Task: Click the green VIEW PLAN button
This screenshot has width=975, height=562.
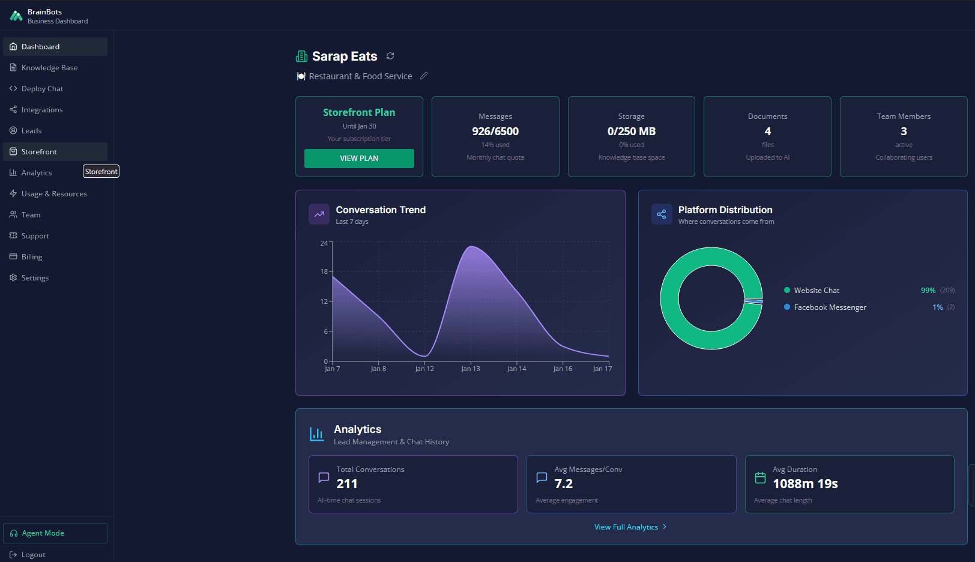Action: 359,159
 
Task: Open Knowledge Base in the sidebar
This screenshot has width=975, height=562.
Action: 49,68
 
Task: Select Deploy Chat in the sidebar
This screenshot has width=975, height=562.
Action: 42,89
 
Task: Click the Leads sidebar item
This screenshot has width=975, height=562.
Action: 31,131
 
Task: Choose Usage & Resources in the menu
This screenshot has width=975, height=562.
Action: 54,194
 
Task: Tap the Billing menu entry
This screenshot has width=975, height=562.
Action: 32,257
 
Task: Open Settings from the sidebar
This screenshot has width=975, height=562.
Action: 35,278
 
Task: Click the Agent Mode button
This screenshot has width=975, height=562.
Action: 55,533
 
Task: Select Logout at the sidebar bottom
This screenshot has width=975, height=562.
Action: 33,555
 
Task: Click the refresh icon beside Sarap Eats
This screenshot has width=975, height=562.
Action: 390,56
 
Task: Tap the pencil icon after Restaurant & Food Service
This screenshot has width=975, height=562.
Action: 424,76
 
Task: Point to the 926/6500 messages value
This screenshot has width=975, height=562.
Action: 495,131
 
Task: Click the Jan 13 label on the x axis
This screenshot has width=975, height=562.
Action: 471,369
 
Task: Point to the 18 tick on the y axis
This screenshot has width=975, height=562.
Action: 324,271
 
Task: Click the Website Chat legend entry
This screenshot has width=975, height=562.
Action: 817,291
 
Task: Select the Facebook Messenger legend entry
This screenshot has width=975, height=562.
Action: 830,307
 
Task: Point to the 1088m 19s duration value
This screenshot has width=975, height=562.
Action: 805,484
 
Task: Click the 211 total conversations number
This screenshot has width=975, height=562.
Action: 347,484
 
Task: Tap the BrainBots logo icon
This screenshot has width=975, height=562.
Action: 16,16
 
